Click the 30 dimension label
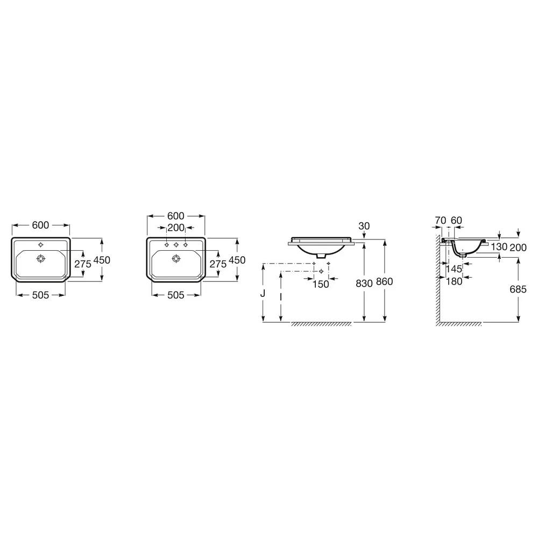(364, 226)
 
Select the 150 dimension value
(321, 284)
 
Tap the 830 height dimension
(364, 283)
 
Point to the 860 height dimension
(384, 281)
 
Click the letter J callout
(263, 293)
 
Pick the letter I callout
(281, 297)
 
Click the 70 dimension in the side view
(440, 220)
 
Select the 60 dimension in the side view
(456, 220)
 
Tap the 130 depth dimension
(499, 247)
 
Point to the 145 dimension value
(454, 270)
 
